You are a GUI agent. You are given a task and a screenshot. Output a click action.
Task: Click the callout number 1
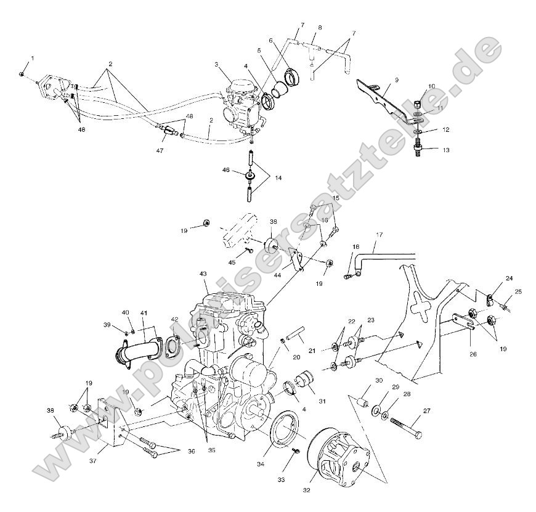[33, 58]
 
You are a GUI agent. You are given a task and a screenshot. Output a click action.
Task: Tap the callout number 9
[396, 79]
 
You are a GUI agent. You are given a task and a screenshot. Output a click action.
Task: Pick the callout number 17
[380, 235]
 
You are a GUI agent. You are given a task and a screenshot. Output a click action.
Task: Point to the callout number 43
[203, 290]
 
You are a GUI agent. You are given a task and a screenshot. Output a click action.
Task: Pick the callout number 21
[312, 351]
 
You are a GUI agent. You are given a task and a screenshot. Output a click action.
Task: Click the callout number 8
[320, 28]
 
